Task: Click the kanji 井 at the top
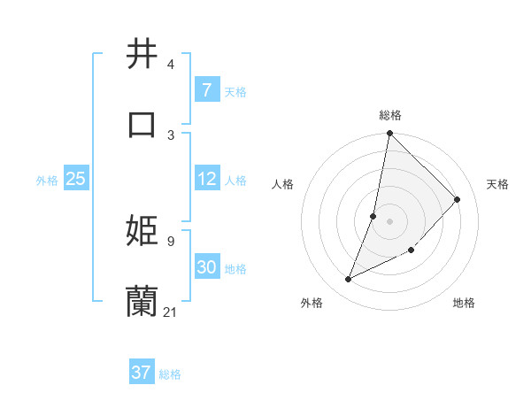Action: pyautogui.click(x=142, y=54)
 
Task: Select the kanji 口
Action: pyautogui.click(x=142, y=124)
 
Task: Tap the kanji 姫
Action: pyautogui.click(x=142, y=230)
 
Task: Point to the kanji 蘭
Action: pyautogui.click(x=142, y=301)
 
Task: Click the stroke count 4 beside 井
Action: pyautogui.click(x=171, y=65)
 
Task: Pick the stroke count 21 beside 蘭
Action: pyautogui.click(x=171, y=312)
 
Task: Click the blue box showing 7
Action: pyautogui.click(x=206, y=89)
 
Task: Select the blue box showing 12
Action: pyautogui.click(x=206, y=179)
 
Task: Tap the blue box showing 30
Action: pyautogui.click(x=206, y=267)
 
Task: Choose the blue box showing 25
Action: pyautogui.click(x=75, y=179)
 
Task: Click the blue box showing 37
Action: pyautogui.click(x=141, y=373)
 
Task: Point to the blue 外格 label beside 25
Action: pyautogui.click(x=47, y=181)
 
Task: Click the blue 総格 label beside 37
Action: pyautogui.click(x=171, y=374)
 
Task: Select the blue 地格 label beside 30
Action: pyautogui.click(x=235, y=269)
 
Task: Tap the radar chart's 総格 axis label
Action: pyautogui.click(x=390, y=115)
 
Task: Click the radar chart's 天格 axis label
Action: pyautogui.click(x=497, y=184)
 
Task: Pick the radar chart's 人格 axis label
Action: pyautogui.click(x=282, y=184)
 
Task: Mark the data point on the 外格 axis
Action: pyautogui.click(x=349, y=280)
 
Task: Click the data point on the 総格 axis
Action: pyautogui.click(x=389, y=133)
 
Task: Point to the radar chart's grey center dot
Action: pyautogui.click(x=389, y=220)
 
